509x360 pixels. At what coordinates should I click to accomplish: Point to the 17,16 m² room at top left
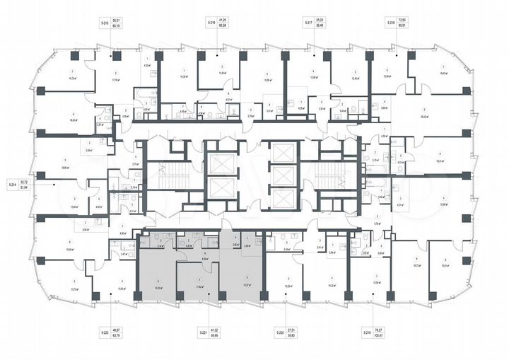coord(115,80)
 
